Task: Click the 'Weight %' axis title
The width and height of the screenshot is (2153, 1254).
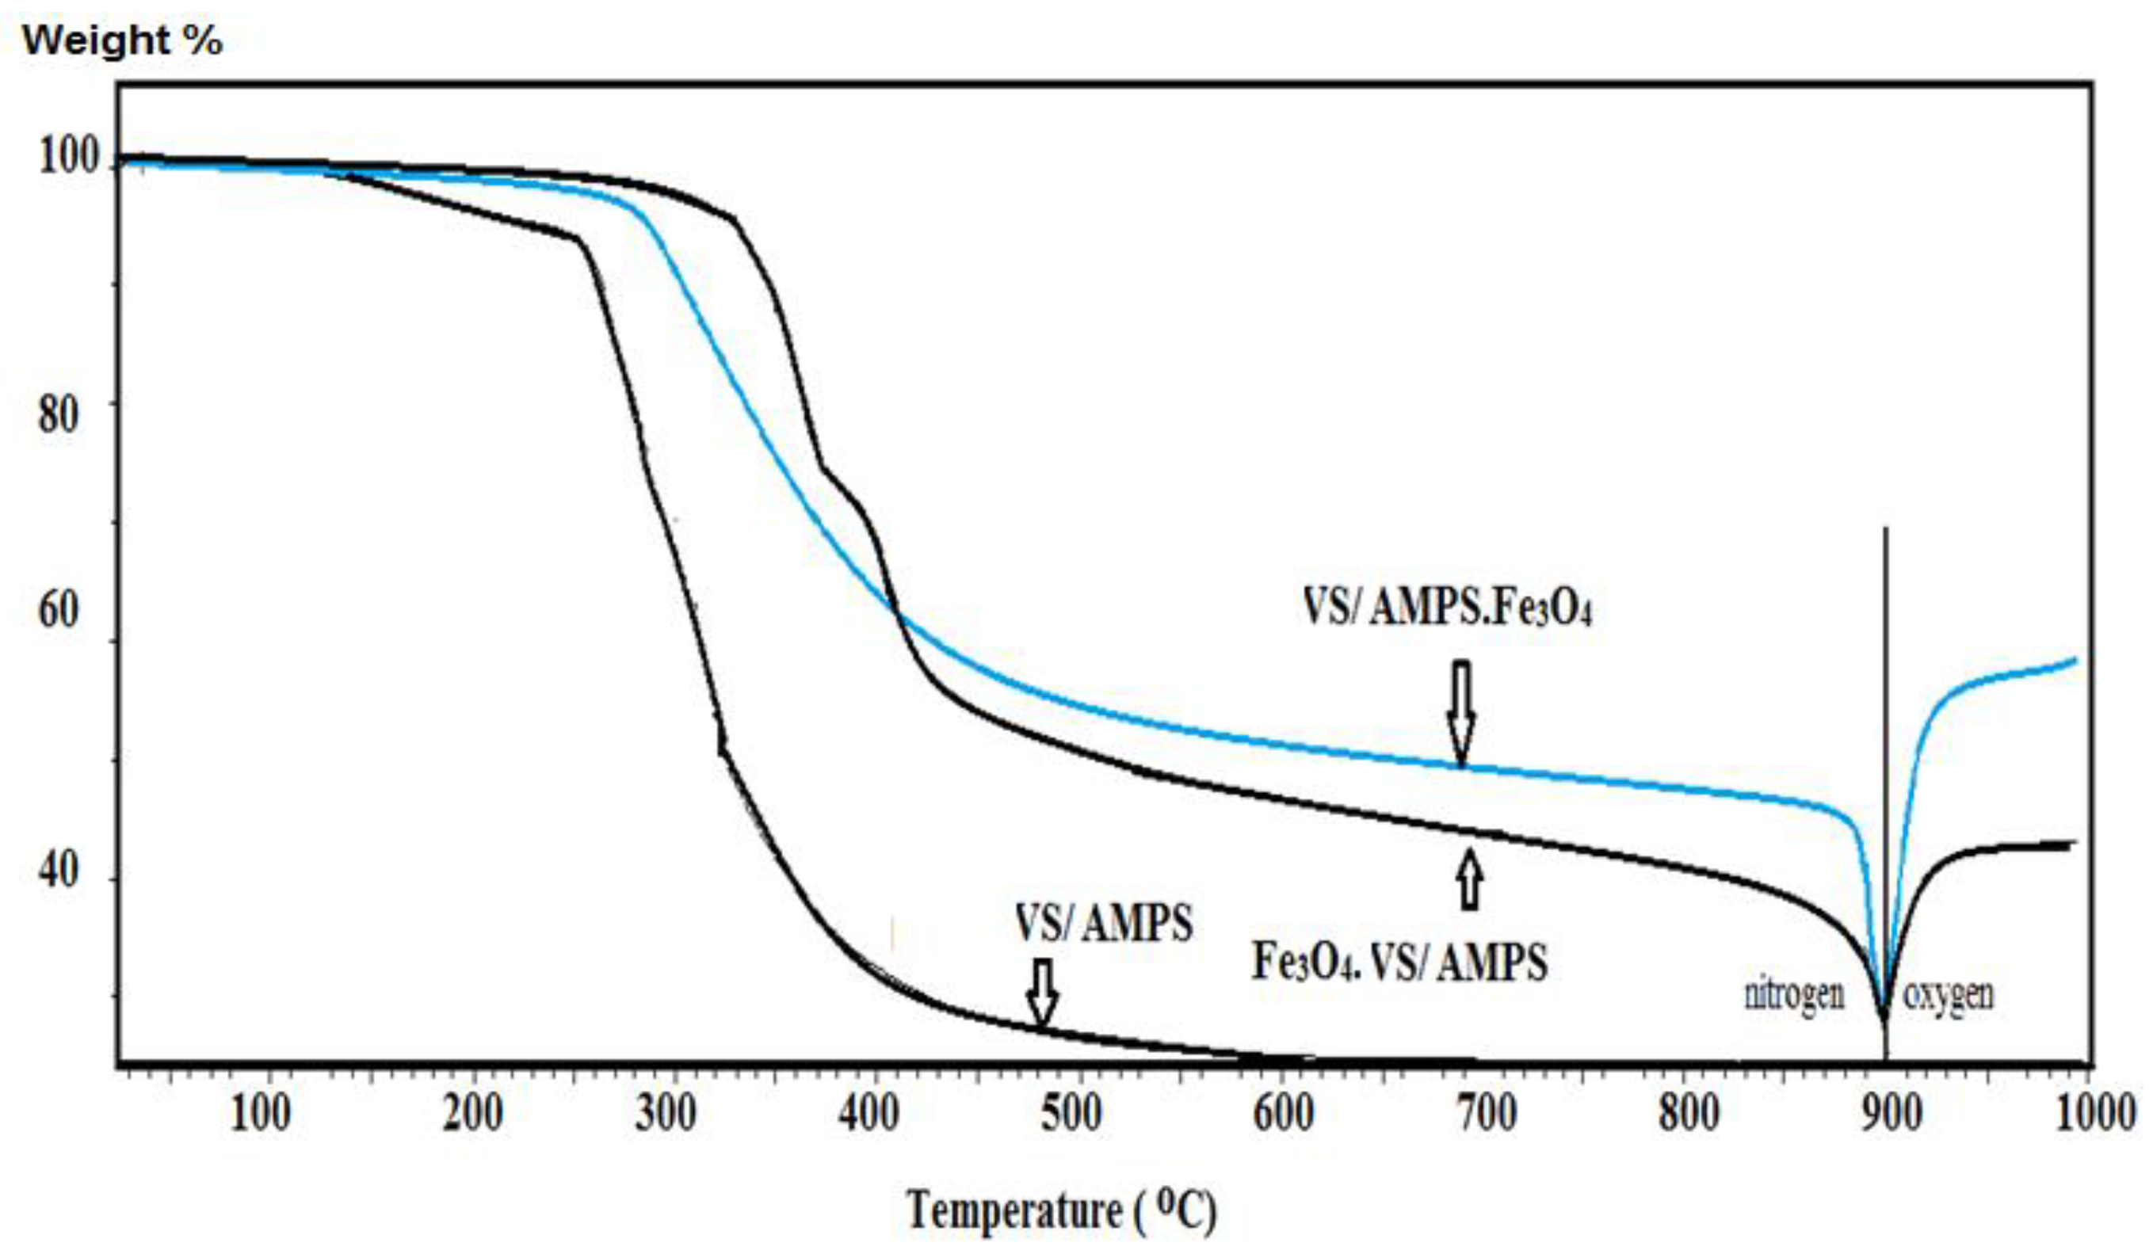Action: tap(122, 41)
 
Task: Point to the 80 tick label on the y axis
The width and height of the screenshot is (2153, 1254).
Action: tap(59, 414)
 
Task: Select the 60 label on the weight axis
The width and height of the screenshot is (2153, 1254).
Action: tap(59, 610)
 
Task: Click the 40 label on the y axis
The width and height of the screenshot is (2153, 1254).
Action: tap(59, 871)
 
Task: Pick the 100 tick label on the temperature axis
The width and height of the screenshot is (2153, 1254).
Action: tap(261, 1115)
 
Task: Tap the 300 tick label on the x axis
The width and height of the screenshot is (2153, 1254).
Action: tap(666, 1115)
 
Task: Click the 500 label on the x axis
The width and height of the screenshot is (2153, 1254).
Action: tap(1071, 1115)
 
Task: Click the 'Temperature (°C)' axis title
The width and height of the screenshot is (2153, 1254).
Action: tap(1062, 1210)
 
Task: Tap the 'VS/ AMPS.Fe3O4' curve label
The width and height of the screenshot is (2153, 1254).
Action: tap(1447, 610)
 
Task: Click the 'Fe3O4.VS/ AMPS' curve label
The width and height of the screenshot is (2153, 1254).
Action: tap(1399, 962)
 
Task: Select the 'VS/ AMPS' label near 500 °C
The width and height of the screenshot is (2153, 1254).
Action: tap(1104, 924)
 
